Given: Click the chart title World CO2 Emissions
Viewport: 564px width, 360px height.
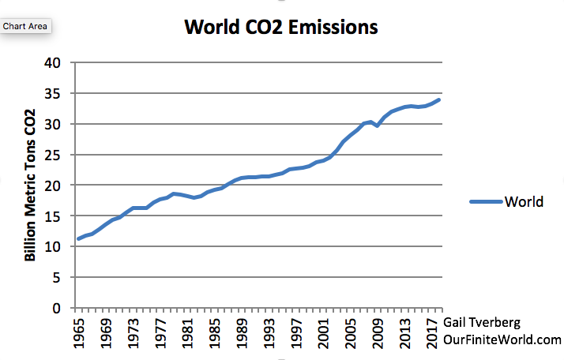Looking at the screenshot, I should [280, 28].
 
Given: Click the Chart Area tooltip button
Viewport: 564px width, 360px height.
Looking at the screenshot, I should [25, 26].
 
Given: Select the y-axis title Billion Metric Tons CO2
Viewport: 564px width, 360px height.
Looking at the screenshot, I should [31, 186].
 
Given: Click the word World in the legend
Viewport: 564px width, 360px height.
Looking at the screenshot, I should [525, 201].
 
